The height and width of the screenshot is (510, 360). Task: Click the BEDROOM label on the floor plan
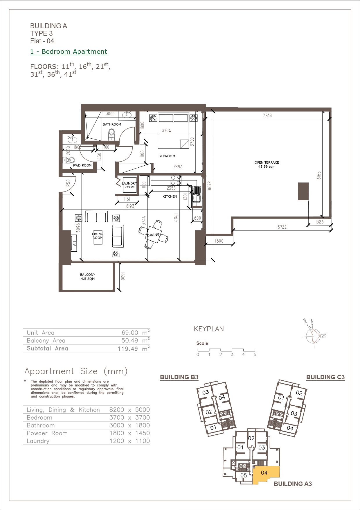(x=167, y=156)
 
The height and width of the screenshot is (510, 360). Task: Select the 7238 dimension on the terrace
(x=267, y=115)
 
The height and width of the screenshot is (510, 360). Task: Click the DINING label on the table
(x=153, y=235)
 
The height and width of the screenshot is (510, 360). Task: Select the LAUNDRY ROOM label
(x=129, y=185)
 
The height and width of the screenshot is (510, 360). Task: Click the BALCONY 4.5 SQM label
(x=88, y=277)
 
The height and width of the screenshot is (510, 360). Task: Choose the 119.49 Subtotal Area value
(x=128, y=349)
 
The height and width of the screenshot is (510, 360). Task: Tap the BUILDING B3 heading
(x=179, y=377)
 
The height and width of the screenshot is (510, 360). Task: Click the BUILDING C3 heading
(x=325, y=377)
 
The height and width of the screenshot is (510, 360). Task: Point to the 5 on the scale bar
(x=255, y=355)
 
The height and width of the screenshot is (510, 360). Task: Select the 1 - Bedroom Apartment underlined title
(x=69, y=52)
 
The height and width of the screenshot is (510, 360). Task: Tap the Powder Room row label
(x=47, y=433)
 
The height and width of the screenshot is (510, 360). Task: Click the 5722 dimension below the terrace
(x=282, y=227)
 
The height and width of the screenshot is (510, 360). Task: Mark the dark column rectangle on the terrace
(x=303, y=191)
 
